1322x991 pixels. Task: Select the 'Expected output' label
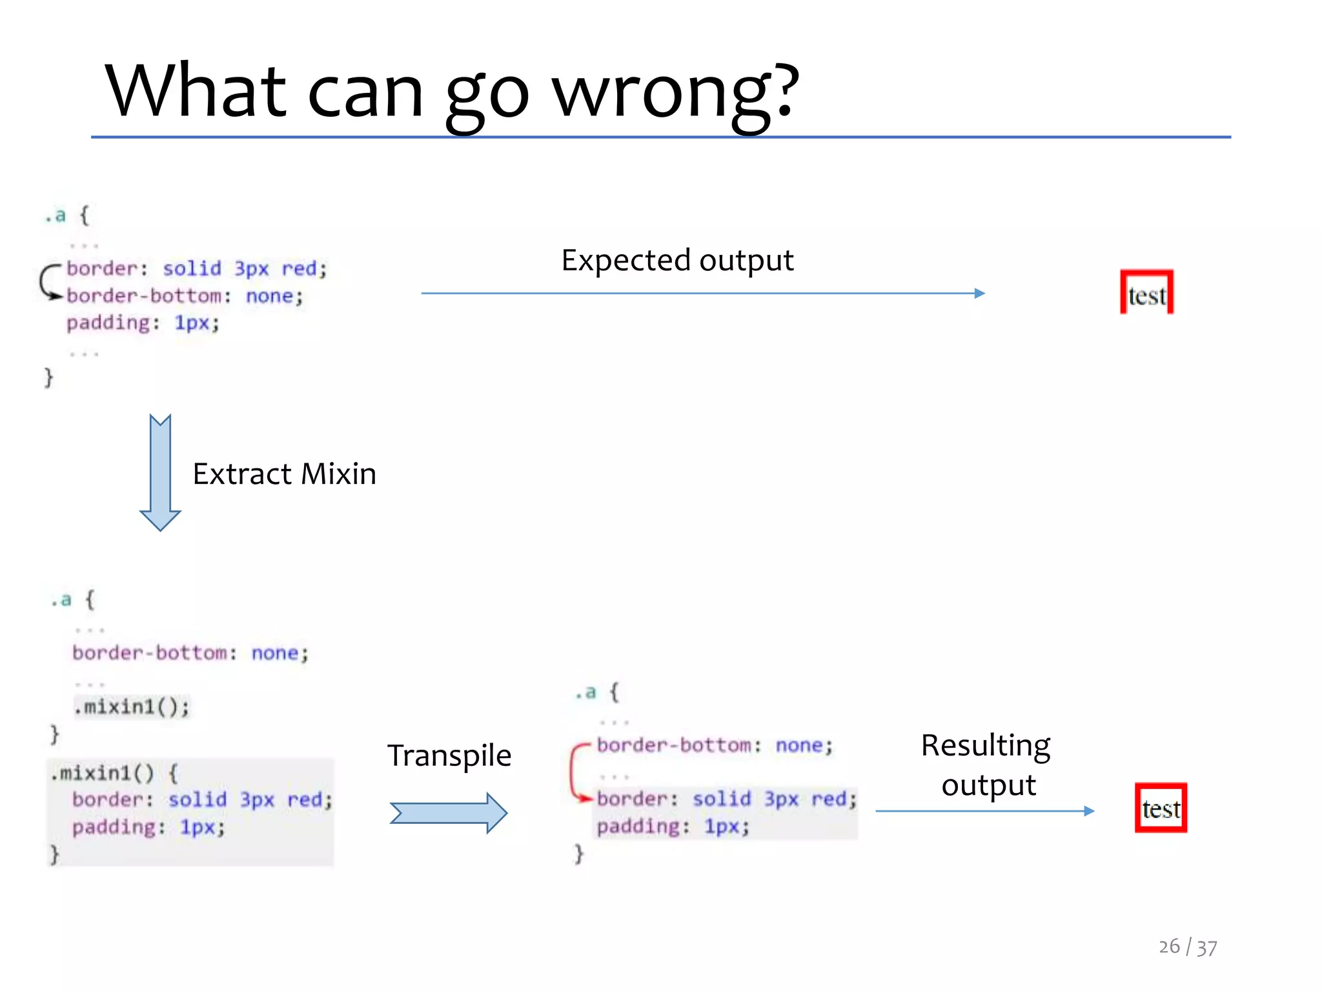(x=677, y=261)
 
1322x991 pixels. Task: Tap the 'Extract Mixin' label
(x=284, y=474)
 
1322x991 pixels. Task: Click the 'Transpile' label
(x=449, y=756)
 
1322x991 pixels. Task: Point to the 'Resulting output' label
(x=986, y=765)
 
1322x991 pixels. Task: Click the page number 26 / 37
(x=1187, y=946)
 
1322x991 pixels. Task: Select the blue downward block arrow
(x=160, y=472)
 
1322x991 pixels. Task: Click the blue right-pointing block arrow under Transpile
(x=449, y=813)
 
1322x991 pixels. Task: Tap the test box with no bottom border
(x=1146, y=293)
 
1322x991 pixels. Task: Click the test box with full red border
(x=1161, y=808)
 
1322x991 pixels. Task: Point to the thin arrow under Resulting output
(x=984, y=811)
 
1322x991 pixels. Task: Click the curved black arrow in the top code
(x=46, y=283)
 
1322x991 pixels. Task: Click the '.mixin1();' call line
(x=132, y=707)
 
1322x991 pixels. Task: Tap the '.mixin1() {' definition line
(x=115, y=773)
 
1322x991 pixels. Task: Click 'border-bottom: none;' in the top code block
(x=185, y=296)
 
